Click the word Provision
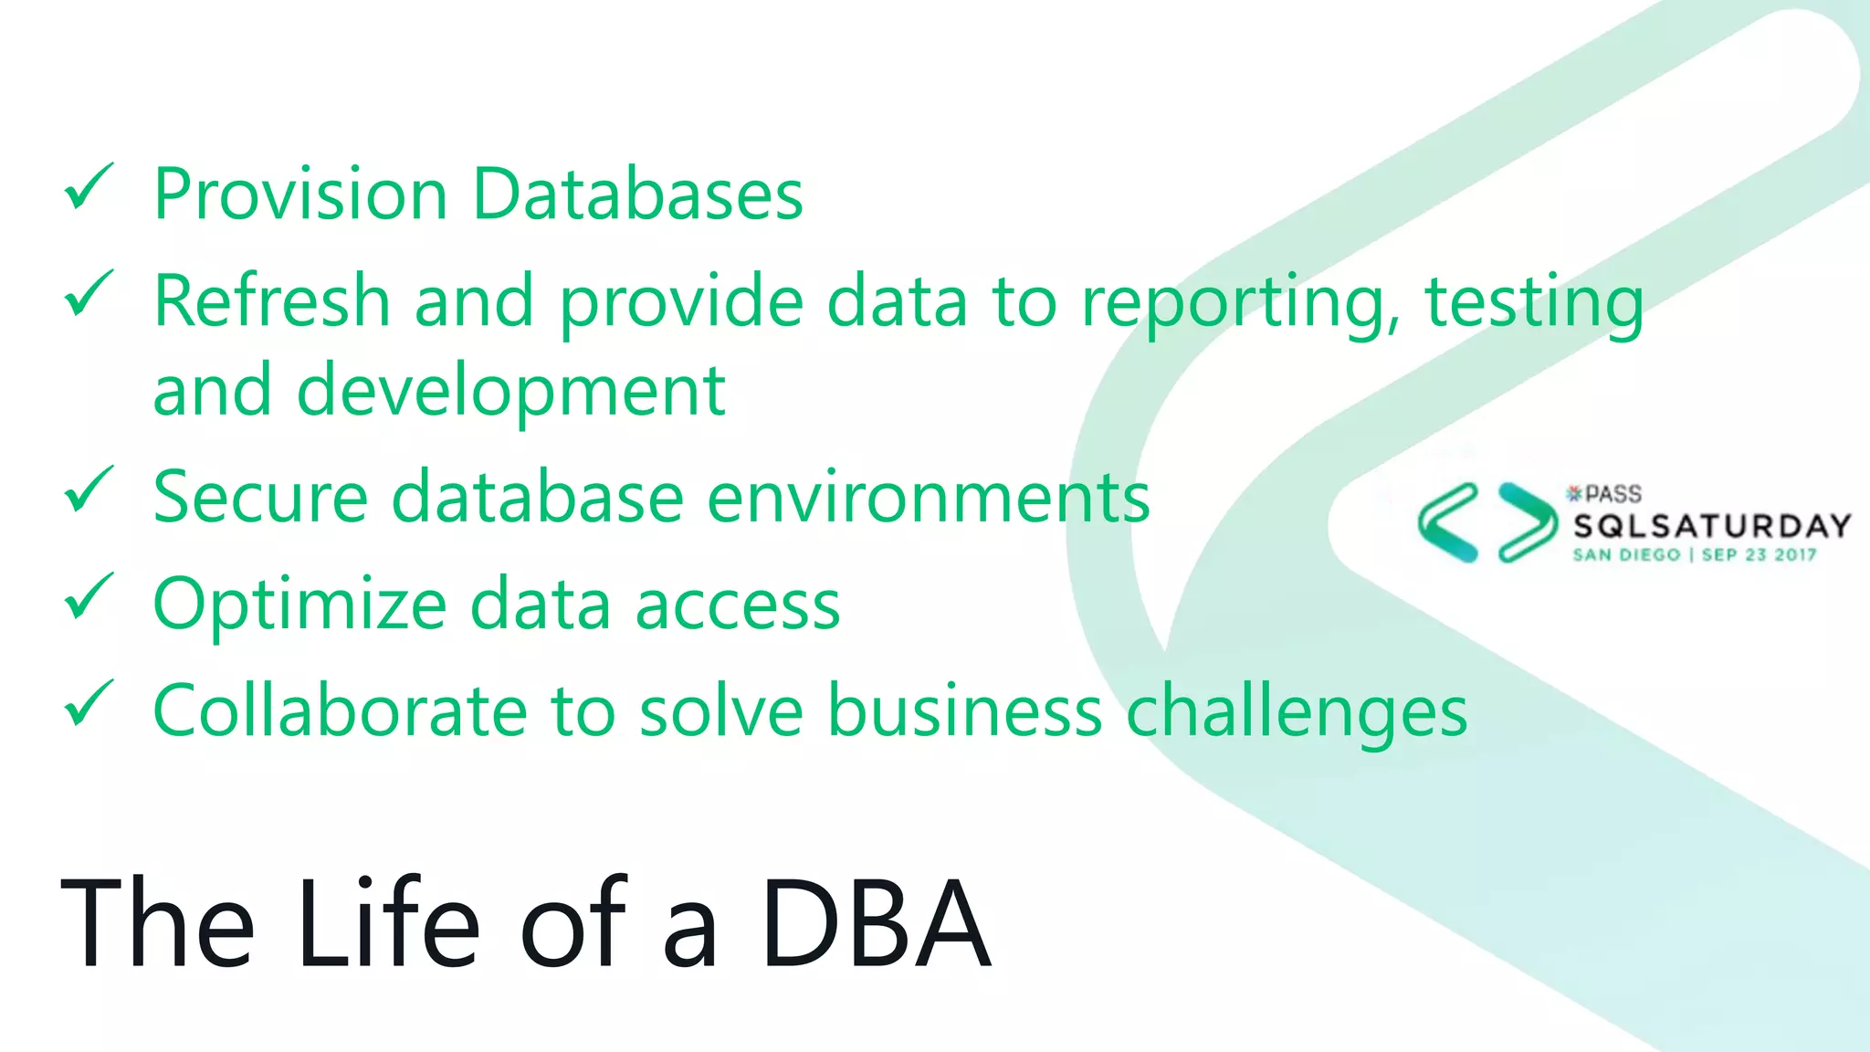(x=300, y=195)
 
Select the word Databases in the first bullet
(x=637, y=195)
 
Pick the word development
(x=511, y=391)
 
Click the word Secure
(x=260, y=498)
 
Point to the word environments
(x=929, y=498)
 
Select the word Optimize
(x=299, y=605)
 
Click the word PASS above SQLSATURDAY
(x=1613, y=494)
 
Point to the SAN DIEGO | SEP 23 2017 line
(x=1695, y=554)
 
